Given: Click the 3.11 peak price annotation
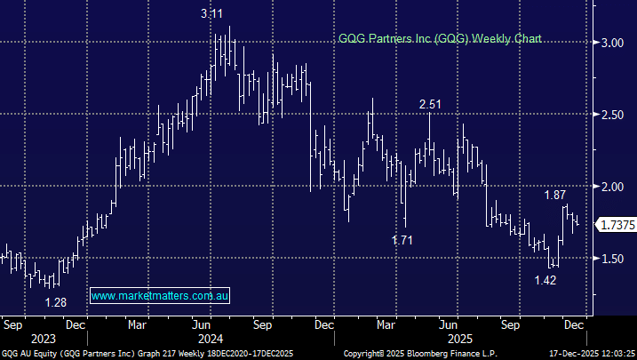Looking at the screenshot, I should point(211,14).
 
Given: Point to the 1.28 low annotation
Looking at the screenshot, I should point(57,301).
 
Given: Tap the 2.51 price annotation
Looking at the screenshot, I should point(431,105).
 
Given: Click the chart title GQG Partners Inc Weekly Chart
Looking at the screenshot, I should point(439,39).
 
